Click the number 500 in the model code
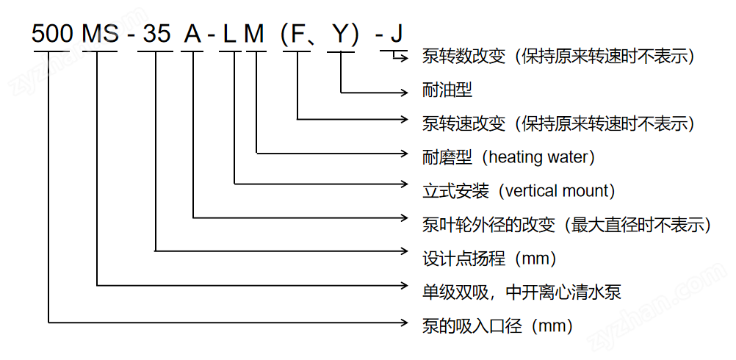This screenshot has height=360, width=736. [52, 34]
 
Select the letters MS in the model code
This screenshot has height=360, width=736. [100, 34]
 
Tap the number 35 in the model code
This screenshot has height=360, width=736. [156, 34]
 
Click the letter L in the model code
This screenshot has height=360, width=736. [229, 34]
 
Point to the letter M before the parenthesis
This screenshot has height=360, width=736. [255, 34]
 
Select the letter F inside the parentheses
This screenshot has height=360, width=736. [298, 34]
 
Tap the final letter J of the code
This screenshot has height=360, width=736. [397, 34]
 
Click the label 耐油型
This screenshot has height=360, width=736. [447, 90]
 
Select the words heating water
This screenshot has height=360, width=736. [538, 156]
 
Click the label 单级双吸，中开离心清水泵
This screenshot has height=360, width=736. [522, 292]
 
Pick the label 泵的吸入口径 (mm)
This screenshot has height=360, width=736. [497, 325]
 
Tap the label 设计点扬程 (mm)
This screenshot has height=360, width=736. [489, 258]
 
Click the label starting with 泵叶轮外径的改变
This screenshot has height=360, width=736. [566, 224]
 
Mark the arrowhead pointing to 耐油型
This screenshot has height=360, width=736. [405, 93]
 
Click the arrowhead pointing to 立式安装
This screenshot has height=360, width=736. [405, 184]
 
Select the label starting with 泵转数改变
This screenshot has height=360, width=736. [558, 57]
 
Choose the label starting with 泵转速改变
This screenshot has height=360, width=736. [558, 123]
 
